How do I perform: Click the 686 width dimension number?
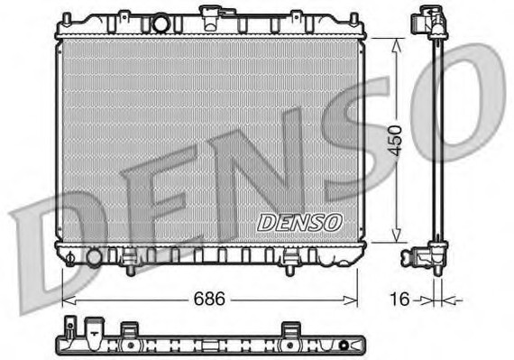coord(209,299)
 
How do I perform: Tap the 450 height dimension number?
coord(394,140)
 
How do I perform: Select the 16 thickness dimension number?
coord(399,299)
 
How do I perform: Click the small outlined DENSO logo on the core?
coord(299,223)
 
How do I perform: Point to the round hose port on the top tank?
coord(161,24)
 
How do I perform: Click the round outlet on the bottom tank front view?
coord(95,258)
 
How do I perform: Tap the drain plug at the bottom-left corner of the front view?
coord(70,259)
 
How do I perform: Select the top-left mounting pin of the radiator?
coord(67,19)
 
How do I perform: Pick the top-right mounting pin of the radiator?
coord(354,19)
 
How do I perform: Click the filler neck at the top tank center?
coord(211,18)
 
